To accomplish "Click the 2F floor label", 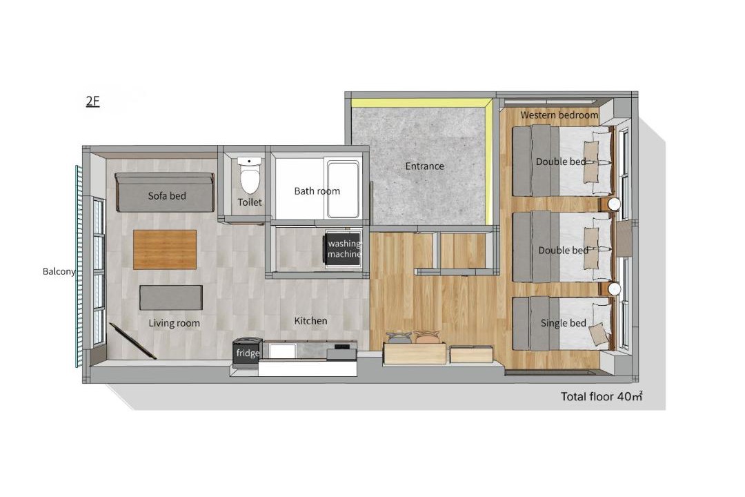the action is (92, 101).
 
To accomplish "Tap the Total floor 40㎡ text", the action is (602, 396).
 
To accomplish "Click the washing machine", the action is (343, 249).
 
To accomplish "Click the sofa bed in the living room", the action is (164, 192).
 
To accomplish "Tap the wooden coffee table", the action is (164, 250).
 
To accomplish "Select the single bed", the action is (562, 324).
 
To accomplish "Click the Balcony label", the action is (59, 271).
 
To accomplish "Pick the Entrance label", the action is (424, 166).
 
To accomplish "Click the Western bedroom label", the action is (559, 115).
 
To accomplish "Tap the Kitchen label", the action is (310, 321).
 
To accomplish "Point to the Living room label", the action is (174, 324).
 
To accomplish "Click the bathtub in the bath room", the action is (343, 189).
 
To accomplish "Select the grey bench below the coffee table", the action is (171, 298).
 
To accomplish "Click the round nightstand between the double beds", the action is (614, 204).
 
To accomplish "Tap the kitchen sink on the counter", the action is (282, 351).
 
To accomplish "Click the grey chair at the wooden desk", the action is (398, 338).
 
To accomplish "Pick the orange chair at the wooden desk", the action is (427, 337).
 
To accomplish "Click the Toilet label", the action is (250, 202).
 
